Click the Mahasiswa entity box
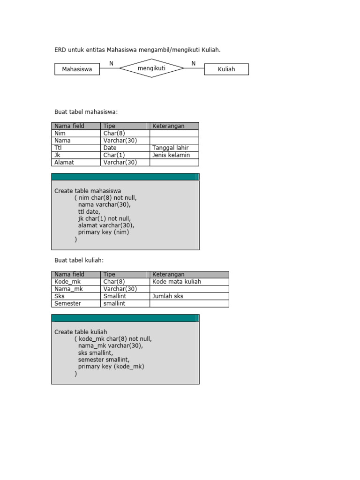77,69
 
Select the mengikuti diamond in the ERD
151,68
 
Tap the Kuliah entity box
226,69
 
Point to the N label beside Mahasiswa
111,63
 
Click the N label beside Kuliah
193,63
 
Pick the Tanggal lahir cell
170,148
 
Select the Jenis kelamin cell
171,155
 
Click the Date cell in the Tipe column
110,148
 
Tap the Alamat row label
64,162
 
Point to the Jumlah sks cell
168,296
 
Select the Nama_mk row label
68,289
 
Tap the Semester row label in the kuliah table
67,303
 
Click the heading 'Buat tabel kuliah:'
79,260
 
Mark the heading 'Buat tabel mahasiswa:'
86,112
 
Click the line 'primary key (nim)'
103,232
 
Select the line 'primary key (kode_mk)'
111,367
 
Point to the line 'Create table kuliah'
81,332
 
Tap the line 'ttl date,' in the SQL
89,211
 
